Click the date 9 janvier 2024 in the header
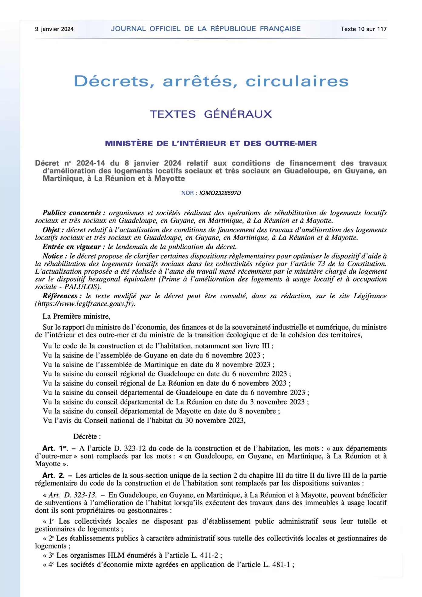coord(54,29)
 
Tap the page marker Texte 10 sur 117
coord(363,29)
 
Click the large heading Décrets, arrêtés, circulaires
coord(211,81)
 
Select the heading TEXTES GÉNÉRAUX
coord(211,114)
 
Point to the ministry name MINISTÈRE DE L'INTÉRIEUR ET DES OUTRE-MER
coord(211,143)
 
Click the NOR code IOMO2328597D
coord(220,193)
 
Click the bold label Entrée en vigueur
coord(74,247)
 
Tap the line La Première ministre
coord(76,317)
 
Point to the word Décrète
coord(87,437)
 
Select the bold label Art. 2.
coord(53,475)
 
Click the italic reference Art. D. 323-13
coord(72,495)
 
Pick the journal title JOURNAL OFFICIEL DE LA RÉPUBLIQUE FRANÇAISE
coord(206,29)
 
